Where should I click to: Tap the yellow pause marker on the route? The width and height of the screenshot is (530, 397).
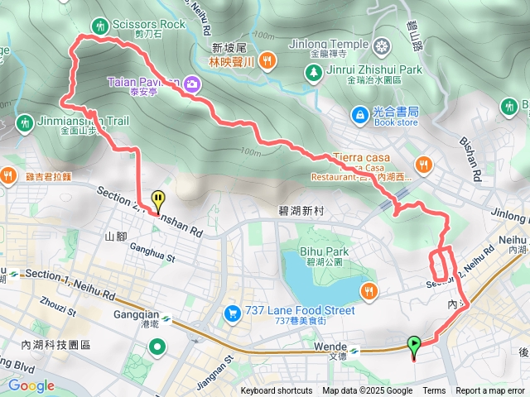[x=157, y=199]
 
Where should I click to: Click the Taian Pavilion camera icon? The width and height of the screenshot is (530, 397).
[x=192, y=83]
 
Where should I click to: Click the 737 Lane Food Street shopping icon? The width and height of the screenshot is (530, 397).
[x=232, y=312]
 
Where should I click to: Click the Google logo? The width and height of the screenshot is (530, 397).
[x=31, y=385]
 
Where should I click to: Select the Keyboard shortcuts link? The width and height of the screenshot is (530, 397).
[x=277, y=391]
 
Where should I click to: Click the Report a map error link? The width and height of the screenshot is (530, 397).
[x=490, y=391]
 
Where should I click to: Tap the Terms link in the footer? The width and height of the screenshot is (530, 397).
[x=434, y=391]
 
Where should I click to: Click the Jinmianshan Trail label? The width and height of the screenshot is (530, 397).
[x=84, y=121]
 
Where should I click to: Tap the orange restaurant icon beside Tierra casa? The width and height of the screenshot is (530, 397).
[x=424, y=164]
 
